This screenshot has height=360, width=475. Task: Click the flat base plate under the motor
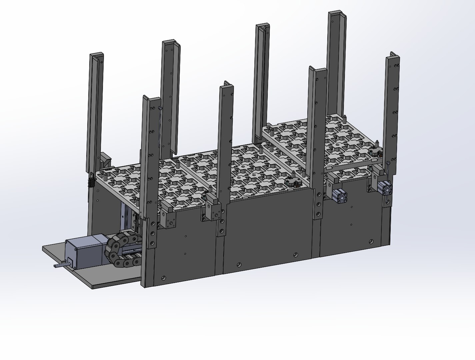93,277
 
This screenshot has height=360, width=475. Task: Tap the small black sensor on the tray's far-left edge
90,183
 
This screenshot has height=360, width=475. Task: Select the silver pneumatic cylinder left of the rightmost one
340,196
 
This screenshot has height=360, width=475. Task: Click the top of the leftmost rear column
96,55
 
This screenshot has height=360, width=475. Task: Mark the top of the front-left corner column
150,99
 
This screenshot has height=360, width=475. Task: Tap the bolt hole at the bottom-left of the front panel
163,277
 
